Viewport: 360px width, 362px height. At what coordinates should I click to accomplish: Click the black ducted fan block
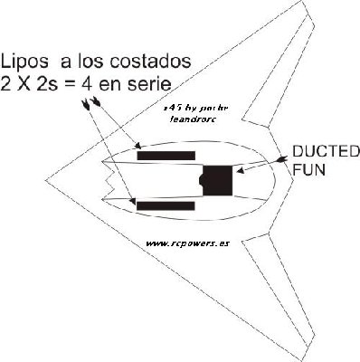218,181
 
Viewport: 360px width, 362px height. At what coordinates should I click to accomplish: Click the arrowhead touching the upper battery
135,144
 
